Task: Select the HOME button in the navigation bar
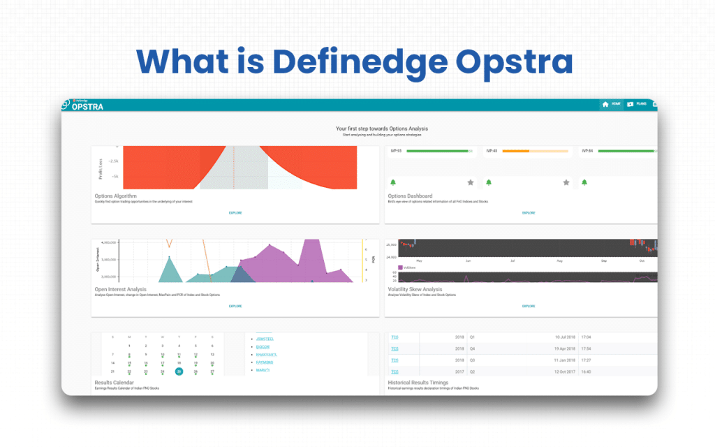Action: (x=611, y=104)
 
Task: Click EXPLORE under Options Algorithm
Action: (x=235, y=212)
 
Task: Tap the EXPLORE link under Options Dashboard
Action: (x=529, y=212)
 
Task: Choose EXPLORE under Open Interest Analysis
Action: (x=235, y=306)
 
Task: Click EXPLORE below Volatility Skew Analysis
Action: (x=529, y=306)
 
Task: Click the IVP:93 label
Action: (x=395, y=151)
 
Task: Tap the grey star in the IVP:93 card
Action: (x=471, y=182)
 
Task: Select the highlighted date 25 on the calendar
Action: (x=179, y=372)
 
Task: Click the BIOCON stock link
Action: (x=263, y=346)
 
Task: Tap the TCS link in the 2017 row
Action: (x=395, y=372)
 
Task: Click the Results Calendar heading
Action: (x=117, y=383)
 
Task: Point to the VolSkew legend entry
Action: (x=408, y=268)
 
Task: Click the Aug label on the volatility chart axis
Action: (x=559, y=261)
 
